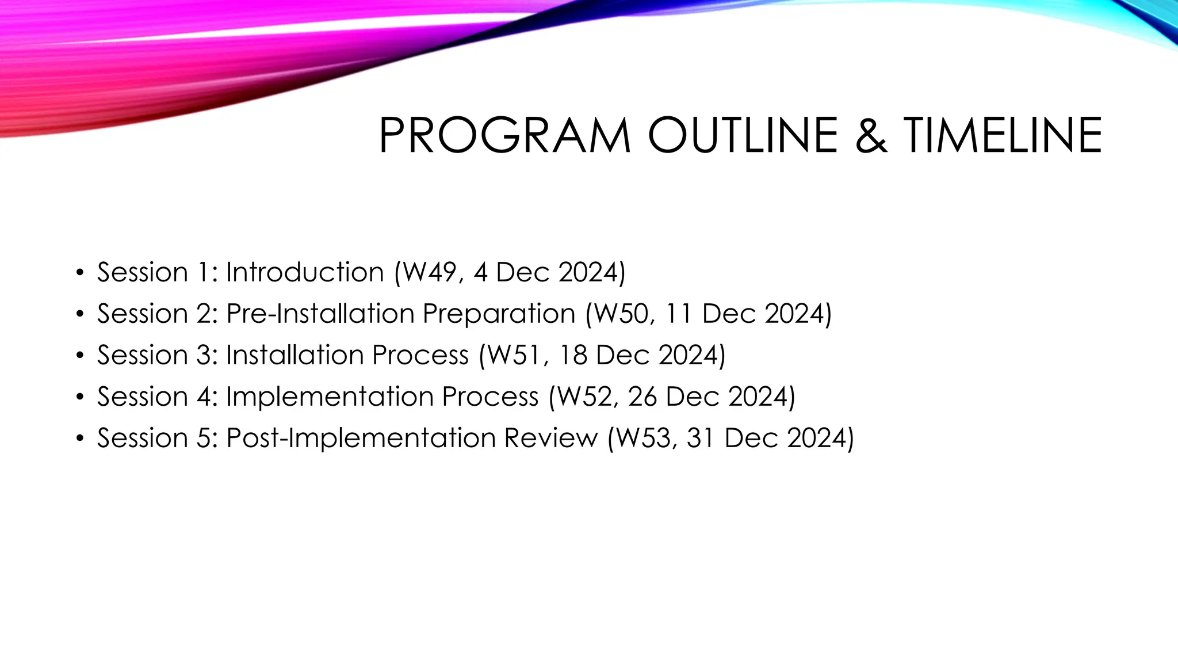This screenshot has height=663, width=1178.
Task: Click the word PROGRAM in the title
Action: pos(504,136)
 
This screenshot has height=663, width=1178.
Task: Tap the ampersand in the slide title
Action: pos(871,136)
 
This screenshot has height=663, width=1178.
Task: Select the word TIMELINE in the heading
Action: pos(1003,136)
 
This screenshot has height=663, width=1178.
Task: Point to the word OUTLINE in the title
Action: pos(743,136)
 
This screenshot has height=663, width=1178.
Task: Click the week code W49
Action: pos(430,272)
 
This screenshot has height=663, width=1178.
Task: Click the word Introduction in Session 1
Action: pos(305,272)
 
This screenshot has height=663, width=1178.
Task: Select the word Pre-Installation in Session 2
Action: pos(320,314)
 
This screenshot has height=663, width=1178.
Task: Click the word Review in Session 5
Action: pos(551,438)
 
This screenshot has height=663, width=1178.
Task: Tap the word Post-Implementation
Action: pos(361,439)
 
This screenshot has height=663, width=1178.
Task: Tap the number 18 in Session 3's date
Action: pos(573,355)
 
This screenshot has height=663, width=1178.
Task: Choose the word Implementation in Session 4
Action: pos(330,397)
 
